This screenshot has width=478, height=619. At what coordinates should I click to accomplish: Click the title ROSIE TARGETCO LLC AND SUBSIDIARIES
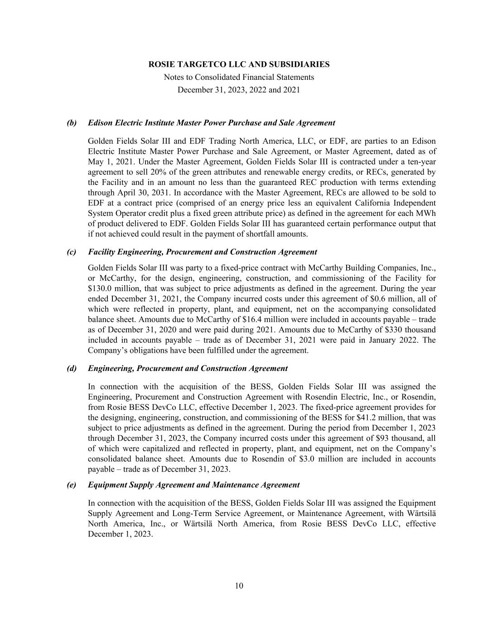click(239, 64)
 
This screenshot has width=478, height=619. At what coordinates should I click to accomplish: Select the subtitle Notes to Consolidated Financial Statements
click(239, 77)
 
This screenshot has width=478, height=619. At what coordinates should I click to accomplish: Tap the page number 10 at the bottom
click(239, 585)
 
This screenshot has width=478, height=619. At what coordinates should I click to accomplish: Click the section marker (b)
click(72, 123)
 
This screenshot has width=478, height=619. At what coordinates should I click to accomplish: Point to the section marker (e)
click(72, 485)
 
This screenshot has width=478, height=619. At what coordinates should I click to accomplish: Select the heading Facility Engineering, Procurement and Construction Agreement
click(202, 252)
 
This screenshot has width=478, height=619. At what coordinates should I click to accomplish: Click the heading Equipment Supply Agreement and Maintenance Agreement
click(193, 485)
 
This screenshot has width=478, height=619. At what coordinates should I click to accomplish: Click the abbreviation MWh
click(425, 214)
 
